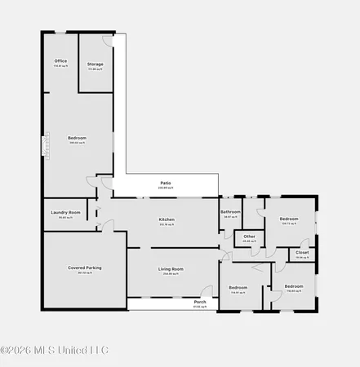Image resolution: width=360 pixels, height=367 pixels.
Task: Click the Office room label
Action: click(x=60, y=61)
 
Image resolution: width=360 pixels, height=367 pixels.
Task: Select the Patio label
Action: click(x=165, y=183)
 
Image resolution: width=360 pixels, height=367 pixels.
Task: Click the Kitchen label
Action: click(x=167, y=220)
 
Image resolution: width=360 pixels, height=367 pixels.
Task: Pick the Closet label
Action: click(x=302, y=253)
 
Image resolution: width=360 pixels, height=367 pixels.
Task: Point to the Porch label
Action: click(x=200, y=303)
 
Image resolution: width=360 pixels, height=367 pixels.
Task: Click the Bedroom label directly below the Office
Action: click(x=77, y=139)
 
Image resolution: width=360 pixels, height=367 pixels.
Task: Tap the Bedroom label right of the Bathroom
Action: click(x=289, y=219)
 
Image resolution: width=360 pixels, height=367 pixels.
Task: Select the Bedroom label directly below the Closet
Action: click(x=293, y=287)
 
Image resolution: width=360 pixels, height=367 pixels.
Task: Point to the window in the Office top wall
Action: click(x=60, y=33)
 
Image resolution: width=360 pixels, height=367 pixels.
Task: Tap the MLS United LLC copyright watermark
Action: click(x=54, y=351)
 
